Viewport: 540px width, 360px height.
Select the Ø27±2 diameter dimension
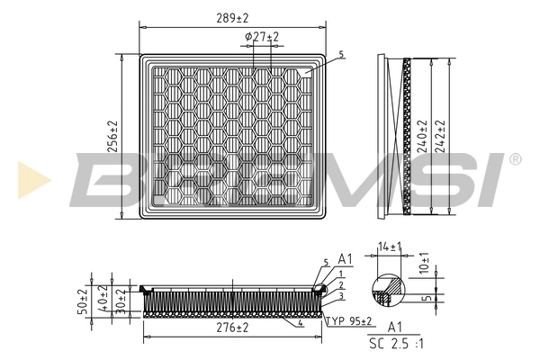pos(262,36)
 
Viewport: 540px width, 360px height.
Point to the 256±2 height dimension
pos(113,138)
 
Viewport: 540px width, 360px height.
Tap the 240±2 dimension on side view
pos(421,137)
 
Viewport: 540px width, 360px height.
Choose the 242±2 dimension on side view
pos(440,137)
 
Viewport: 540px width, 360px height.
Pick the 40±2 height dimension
pos(103,300)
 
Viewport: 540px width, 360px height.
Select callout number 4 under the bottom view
pos(300,322)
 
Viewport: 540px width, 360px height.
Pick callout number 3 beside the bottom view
pos(341,295)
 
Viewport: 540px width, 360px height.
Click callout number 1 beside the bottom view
pos(341,273)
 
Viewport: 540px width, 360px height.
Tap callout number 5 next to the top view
pos(341,54)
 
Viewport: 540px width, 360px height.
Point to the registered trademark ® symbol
pos(515,158)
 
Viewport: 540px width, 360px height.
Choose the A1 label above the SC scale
pos(393,328)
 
